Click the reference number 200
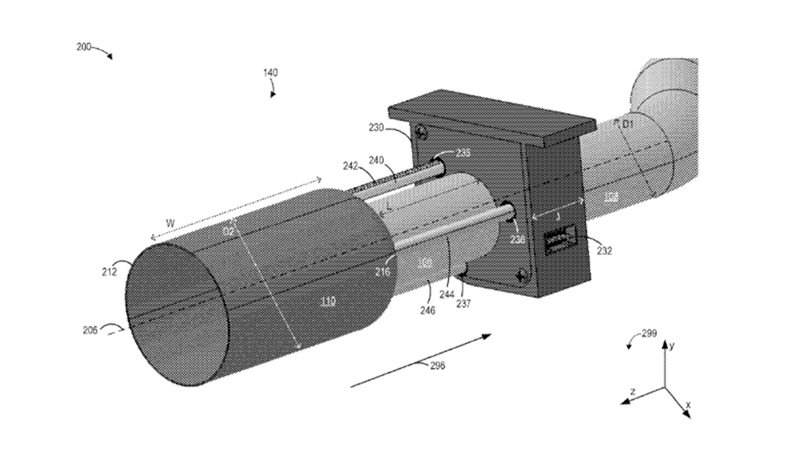(84, 47)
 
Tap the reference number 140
(270, 73)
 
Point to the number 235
(463, 153)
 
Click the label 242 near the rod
(351, 166)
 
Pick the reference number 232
(605, 250)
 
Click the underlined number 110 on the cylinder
(328, 301)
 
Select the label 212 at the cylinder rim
(109, 272)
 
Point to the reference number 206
(90, 329)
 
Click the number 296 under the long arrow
(436, 365)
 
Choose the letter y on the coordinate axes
(673, 346)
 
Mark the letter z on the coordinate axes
(632, 392)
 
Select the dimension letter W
(170, 223)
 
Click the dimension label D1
(627, 124)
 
